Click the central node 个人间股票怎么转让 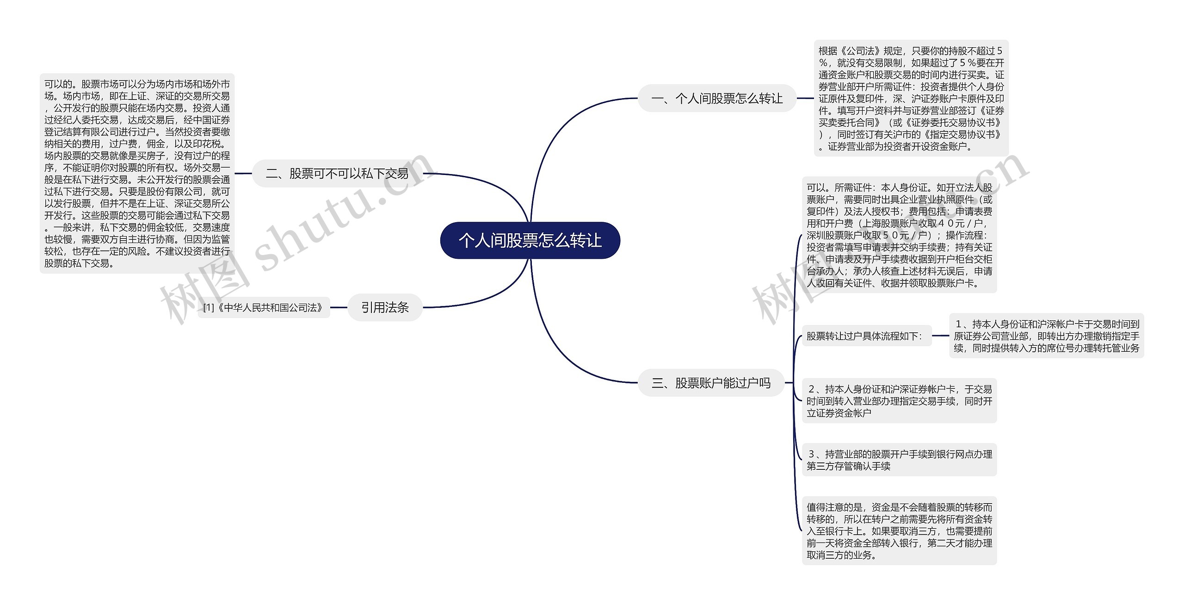point(530,241)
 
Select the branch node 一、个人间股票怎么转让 point(717,98)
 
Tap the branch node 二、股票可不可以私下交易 point(337,174)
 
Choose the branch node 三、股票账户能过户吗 point(711,383)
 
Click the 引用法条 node point(385,307)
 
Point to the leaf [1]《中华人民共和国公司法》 point(264,308)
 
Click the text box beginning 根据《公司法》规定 point(911,98)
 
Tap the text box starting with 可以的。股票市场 point(137,174)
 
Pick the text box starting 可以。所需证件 point(899,235)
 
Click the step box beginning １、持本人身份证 point(1046,336)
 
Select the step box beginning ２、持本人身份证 point(899,401)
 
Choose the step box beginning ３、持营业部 point(899,460)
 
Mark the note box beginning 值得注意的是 point(899,531)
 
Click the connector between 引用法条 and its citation point(339,307)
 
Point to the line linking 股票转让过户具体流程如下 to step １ point(940,336)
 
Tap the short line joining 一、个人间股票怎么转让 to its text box point(805,98)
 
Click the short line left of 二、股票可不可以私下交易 point(243,174)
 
